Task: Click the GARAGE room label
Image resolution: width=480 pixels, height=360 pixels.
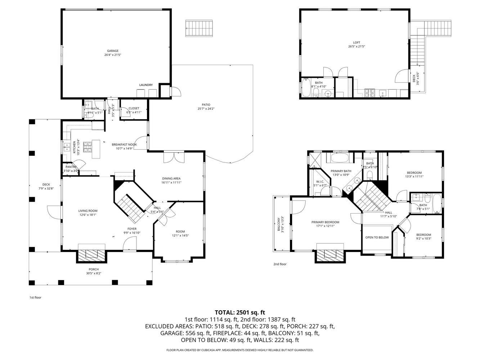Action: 112,51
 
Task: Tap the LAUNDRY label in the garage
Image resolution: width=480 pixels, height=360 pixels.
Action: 146,85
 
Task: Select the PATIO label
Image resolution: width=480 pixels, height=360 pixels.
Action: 203,105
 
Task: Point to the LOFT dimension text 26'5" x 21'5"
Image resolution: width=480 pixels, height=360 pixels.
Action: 356,47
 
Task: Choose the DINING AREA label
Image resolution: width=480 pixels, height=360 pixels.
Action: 171,178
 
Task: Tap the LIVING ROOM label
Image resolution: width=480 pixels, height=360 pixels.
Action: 88,211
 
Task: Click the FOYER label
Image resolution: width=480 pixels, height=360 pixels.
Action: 132,229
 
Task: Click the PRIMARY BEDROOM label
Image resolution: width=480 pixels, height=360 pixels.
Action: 325,222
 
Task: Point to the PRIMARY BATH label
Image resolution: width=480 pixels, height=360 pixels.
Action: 341,171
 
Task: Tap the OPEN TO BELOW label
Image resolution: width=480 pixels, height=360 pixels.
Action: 377,237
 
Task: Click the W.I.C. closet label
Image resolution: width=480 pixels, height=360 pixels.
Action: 320,181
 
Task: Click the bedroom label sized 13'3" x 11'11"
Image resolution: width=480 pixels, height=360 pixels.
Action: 414,173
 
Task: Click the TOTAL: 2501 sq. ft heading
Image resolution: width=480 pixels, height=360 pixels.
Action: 240,312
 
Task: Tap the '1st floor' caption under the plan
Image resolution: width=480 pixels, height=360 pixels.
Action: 35,297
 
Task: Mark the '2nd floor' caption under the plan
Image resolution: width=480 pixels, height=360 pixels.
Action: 280,264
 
